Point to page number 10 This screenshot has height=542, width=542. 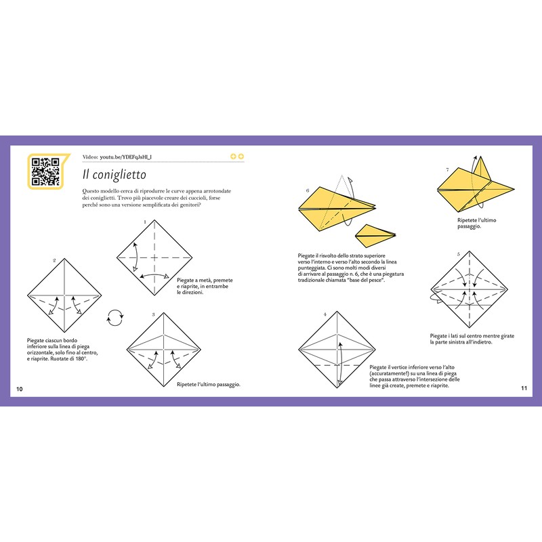pos(20,388)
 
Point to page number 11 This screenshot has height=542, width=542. pos(524,388)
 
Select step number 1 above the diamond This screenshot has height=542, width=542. pos(145,222)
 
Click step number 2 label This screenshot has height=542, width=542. pos(54,260)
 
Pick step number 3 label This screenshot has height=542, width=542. pos(154,314)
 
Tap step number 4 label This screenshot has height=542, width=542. pos(325,314)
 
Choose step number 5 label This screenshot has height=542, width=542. pos(459,254)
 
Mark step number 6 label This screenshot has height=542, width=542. pos(307,190)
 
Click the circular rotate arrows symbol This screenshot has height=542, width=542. pos(116,316)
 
